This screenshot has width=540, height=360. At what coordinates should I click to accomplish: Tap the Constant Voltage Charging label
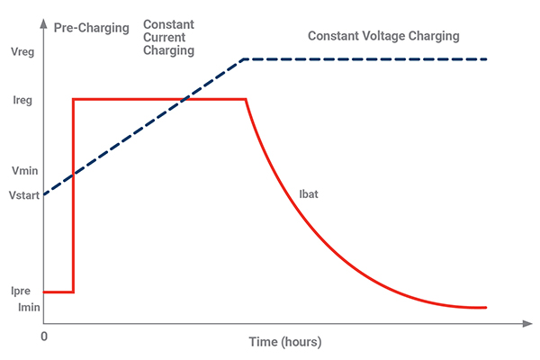click(x=383, y=36)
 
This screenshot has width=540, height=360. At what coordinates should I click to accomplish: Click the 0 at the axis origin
click(x=44, y=336)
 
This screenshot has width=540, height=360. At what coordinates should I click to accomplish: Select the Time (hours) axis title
click(x=284, y=343)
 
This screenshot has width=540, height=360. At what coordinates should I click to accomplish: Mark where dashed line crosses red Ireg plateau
click(x=184, y=99)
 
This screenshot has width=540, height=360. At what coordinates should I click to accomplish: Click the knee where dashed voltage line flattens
click(x=244, y=59)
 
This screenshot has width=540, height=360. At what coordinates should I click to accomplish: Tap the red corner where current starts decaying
click(x=246, y=99)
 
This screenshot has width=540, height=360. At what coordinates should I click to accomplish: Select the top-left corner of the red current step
click(x=73, y=99)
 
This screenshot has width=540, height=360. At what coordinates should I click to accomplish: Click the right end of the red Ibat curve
click(x=486, y=308)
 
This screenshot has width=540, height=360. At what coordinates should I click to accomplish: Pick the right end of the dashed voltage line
click(x=486, y=59)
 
